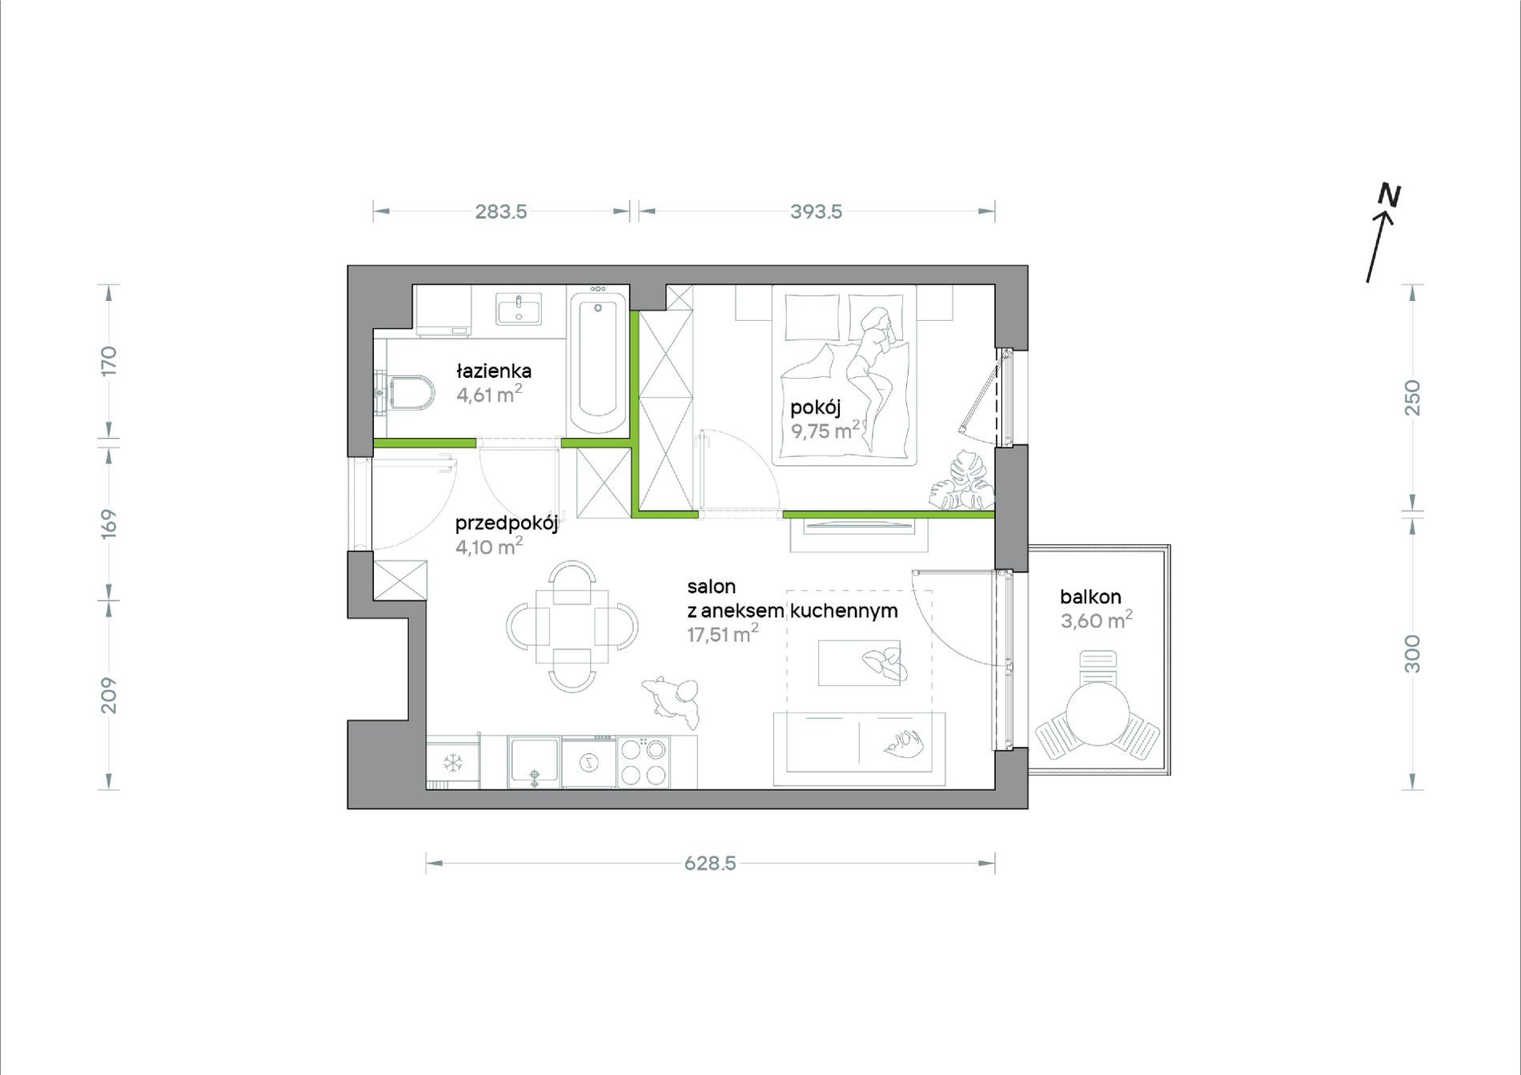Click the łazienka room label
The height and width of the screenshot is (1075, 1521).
tap(494, 371)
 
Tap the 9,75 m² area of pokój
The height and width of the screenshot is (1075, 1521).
tap(825, 430)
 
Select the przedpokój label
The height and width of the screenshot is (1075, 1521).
tap(506, 523)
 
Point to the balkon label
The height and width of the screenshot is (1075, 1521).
tap(1090, 596)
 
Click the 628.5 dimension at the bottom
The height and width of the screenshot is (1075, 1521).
tap(710, 863)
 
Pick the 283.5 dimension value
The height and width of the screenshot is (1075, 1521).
tap(501, 211)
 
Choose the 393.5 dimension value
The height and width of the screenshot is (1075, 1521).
tap(817, 211)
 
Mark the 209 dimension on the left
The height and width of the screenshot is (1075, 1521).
tap(109, 696)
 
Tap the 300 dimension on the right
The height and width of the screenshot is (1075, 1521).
tap(1412, 653)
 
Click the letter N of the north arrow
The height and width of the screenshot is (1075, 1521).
tap(1389, 195)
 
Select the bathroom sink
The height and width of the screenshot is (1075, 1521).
tap(519, 309)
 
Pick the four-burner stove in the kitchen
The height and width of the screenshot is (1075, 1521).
tap(644, 762)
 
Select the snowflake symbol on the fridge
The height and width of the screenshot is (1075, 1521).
tap(453, 763)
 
